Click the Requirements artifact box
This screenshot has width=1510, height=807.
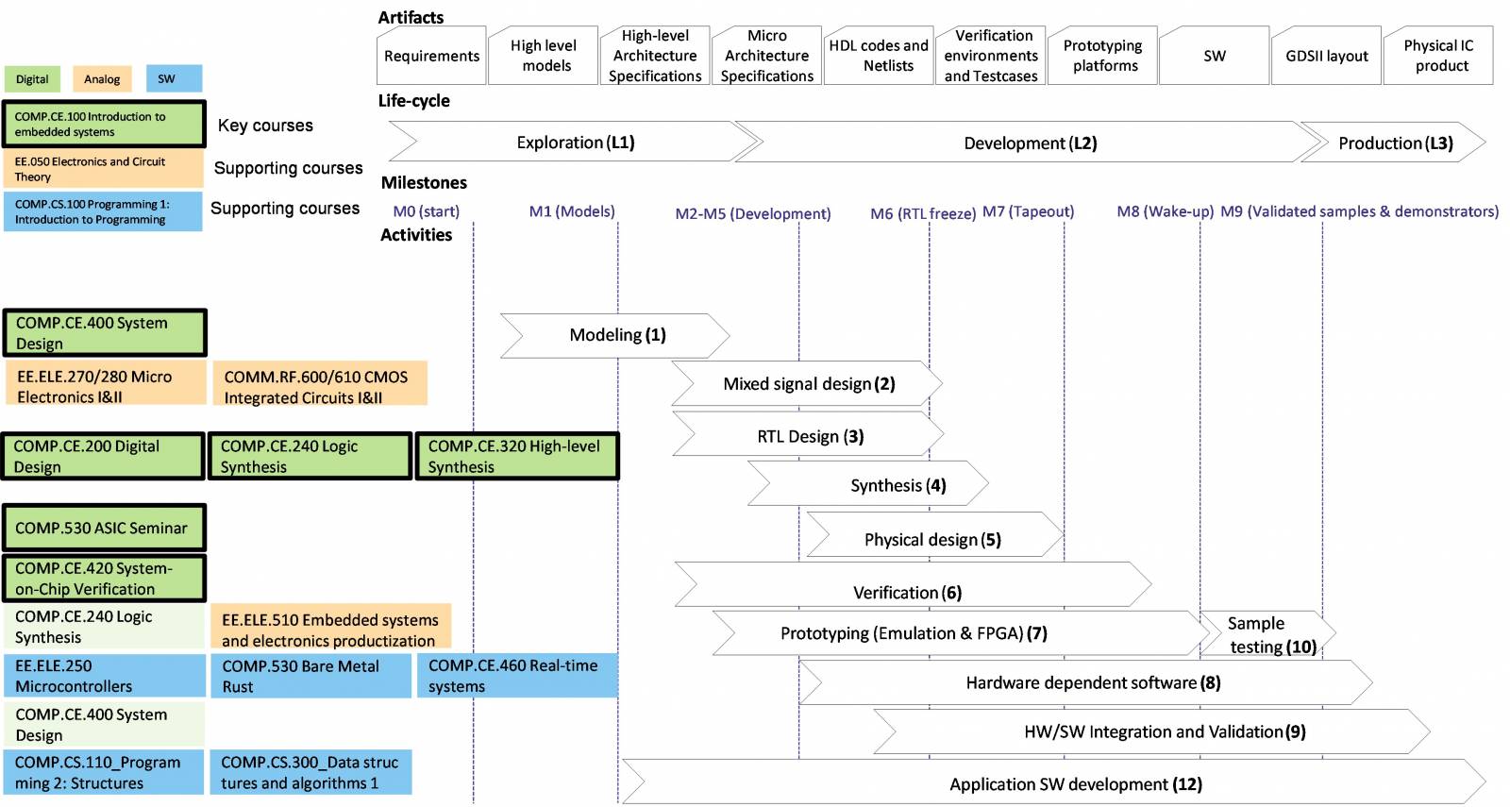(431, 57)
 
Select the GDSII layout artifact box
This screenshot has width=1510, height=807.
(1326, 57)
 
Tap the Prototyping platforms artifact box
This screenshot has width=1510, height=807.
(1102, 57)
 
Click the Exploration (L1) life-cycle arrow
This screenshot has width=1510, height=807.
(575, 143)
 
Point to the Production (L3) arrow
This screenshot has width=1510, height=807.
(1394, 143)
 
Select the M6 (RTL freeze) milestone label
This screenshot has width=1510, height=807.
(922, 213)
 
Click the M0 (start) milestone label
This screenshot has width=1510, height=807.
(427, 211)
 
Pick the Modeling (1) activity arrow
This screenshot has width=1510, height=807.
(616, 335)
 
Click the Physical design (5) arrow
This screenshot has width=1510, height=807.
(931, 539)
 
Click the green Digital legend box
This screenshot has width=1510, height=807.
(32, 79)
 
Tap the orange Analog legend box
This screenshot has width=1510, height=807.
(102, 79)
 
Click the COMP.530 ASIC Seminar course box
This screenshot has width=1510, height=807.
(103, 529)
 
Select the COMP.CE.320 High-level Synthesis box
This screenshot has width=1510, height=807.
(516, 457)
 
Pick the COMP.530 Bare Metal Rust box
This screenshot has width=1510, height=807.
(310, 676)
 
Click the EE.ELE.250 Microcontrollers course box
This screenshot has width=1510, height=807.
(104, 676)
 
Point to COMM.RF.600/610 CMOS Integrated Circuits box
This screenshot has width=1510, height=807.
(319, 386)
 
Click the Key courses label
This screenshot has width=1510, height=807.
(265, 126)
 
